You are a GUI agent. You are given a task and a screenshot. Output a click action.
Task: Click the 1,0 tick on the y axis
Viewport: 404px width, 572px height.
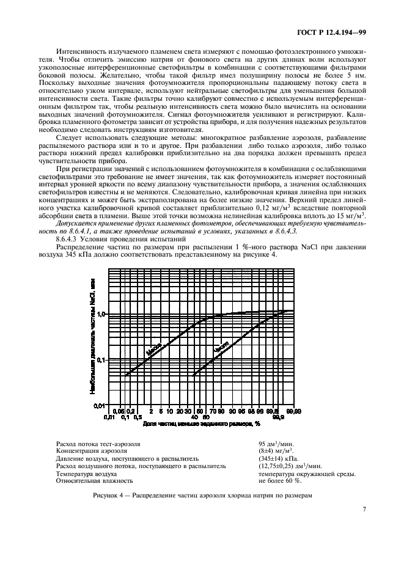(101, 314)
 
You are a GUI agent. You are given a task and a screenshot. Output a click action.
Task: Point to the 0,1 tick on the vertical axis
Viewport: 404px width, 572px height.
(101, 360)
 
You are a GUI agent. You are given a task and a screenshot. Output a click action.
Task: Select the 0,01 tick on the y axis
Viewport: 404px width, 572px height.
(100, 406)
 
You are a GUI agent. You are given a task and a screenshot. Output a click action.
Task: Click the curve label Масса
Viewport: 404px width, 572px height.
(153, 349)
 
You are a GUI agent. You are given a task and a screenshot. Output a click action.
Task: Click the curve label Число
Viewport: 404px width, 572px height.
(221, 348)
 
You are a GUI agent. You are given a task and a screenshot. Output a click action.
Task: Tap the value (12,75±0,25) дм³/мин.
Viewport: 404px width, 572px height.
(289, 466)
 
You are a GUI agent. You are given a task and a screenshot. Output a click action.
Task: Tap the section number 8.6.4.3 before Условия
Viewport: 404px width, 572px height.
(70, 240)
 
